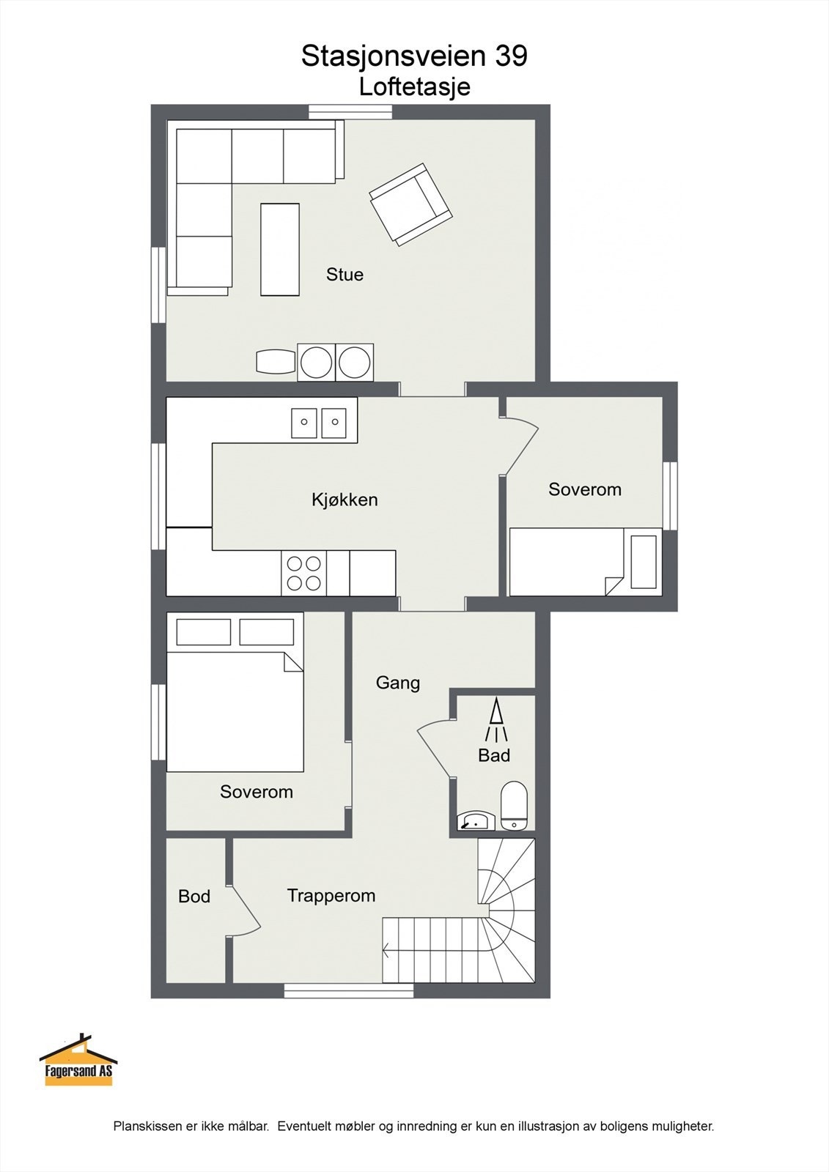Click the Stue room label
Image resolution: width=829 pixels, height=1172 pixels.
point(345,275)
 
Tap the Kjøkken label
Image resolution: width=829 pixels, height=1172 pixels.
point(345,500)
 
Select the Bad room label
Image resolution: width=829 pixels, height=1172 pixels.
point(494,755)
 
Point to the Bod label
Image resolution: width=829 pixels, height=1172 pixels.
point(194,897)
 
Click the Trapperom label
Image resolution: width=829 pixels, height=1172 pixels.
point(331,896)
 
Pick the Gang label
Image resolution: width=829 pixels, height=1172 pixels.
point(398,683)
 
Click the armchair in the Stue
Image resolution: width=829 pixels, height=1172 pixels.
point(410,204)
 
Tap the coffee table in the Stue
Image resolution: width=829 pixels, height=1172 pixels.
point(280,249)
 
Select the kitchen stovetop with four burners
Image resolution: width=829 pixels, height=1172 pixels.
point(303,574)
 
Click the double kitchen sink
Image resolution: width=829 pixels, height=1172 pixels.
point(320,422)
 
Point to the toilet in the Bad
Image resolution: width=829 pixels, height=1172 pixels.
point(514,806)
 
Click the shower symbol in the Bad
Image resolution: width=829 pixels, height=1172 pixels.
point(496,719)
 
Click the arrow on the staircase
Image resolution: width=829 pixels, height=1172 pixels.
point(386,951)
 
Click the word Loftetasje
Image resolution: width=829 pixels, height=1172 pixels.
point(414,87)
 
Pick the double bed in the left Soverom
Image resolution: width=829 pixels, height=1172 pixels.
point(235,711)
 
